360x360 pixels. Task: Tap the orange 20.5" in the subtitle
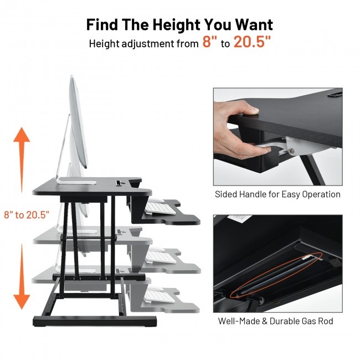pyautogui.click(x=252, y=43)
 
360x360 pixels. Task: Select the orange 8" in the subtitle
pyautogui.click(x=210, y=43)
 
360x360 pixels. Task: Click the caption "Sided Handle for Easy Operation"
pyautogui.click(x=277, y=194)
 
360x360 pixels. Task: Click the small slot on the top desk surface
pyautogui.click(x=119, y=181)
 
